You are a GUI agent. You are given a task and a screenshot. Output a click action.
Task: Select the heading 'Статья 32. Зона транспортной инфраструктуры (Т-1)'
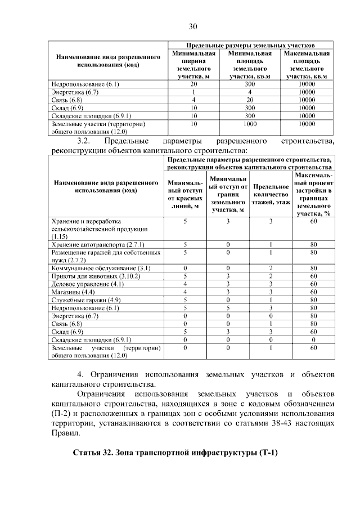(x=176, y=453)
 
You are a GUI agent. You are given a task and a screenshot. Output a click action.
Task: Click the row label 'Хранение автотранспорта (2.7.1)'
(x=98, y=245)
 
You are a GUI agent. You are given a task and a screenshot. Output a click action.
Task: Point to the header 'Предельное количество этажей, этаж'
(x=271, y=194)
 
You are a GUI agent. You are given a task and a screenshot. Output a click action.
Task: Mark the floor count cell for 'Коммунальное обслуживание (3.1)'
(x=271, y=269)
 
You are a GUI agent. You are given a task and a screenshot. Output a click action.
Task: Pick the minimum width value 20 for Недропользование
(x=193, y=84)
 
